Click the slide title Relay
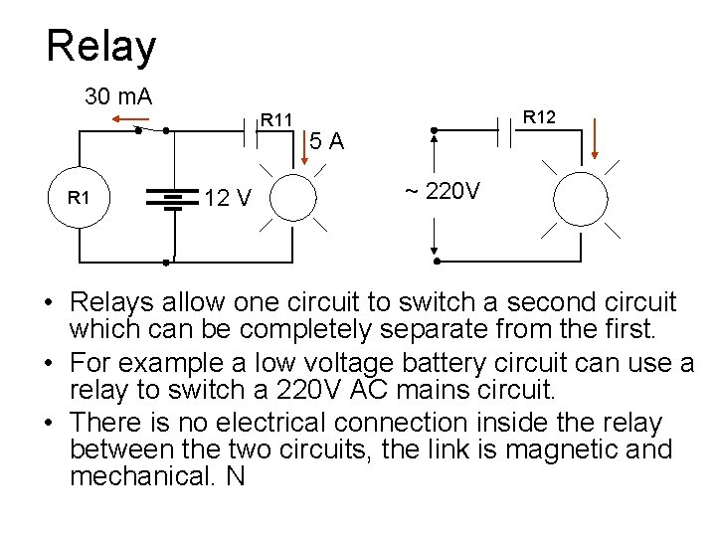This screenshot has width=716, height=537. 100,47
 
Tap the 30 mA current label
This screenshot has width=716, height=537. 117,96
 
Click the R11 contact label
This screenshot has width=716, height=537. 276,120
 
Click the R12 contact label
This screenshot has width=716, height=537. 540,118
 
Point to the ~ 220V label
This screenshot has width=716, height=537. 443,190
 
